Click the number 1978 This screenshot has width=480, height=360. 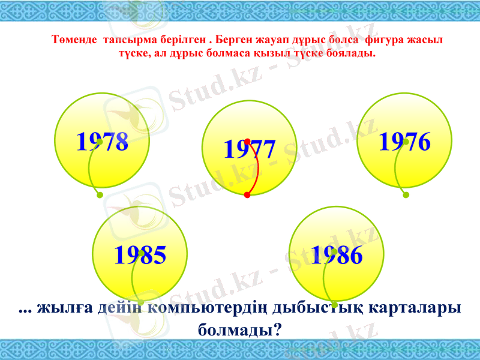[x=102, y=142]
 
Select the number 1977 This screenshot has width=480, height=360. [x=249, y=149]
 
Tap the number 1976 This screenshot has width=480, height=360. [x=405, y=142]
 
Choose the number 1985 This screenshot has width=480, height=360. [x=140, y=256]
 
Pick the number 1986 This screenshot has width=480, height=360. [x=337, y=256]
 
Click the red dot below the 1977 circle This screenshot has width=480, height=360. [x=247, y=195]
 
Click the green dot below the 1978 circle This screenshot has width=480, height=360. [x=99, y=195]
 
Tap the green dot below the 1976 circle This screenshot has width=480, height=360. [x=406, y=195]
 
